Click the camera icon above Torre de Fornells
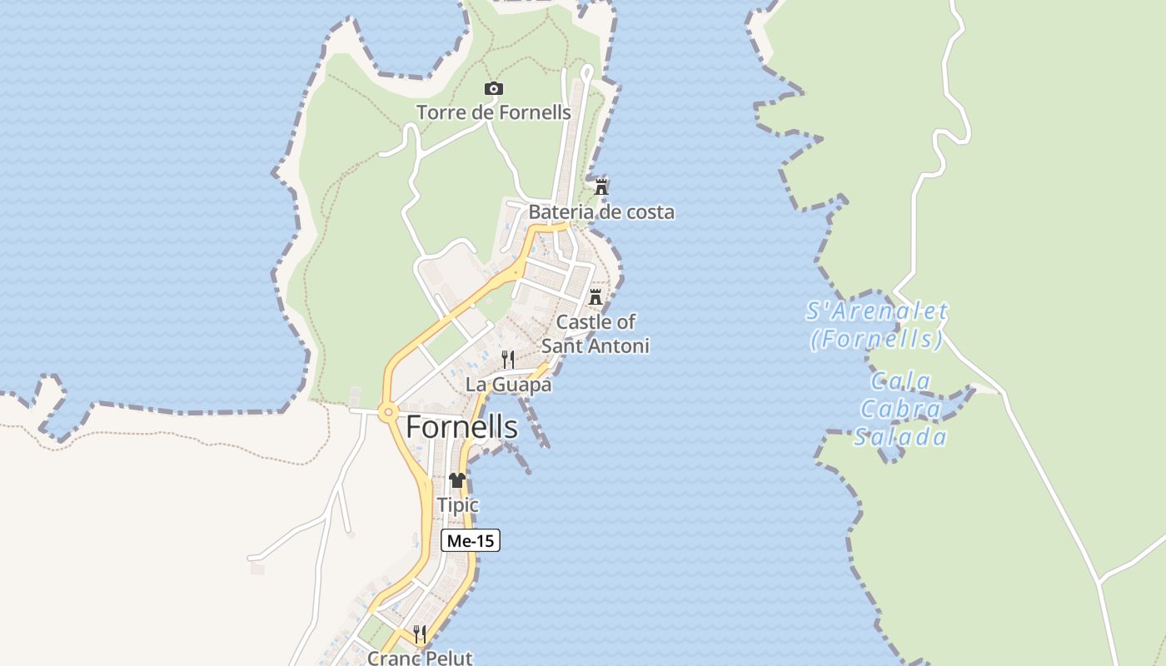(x=494, y=89)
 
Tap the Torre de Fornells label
(x=494, y=112)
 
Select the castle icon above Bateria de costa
(x=601, y=186)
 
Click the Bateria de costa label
(x=601, y=212)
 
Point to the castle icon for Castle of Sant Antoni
(x=595, y=296)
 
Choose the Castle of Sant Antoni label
(x=595, y=333)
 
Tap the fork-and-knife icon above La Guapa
(x=507, y=360)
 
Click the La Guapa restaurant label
(x=508, y=385)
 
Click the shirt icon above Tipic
(x=457, y=480)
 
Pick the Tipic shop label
(x=458, y=505)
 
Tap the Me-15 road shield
(x=471, y=540)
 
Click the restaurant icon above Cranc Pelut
(x=420, y=634)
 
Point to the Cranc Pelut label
(x=420, y=658)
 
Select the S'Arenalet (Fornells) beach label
(x=877, y=325)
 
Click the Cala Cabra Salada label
(x=900, y=410)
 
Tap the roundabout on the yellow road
(x=387, y=411)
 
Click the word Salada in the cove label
(x=900, y=437)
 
